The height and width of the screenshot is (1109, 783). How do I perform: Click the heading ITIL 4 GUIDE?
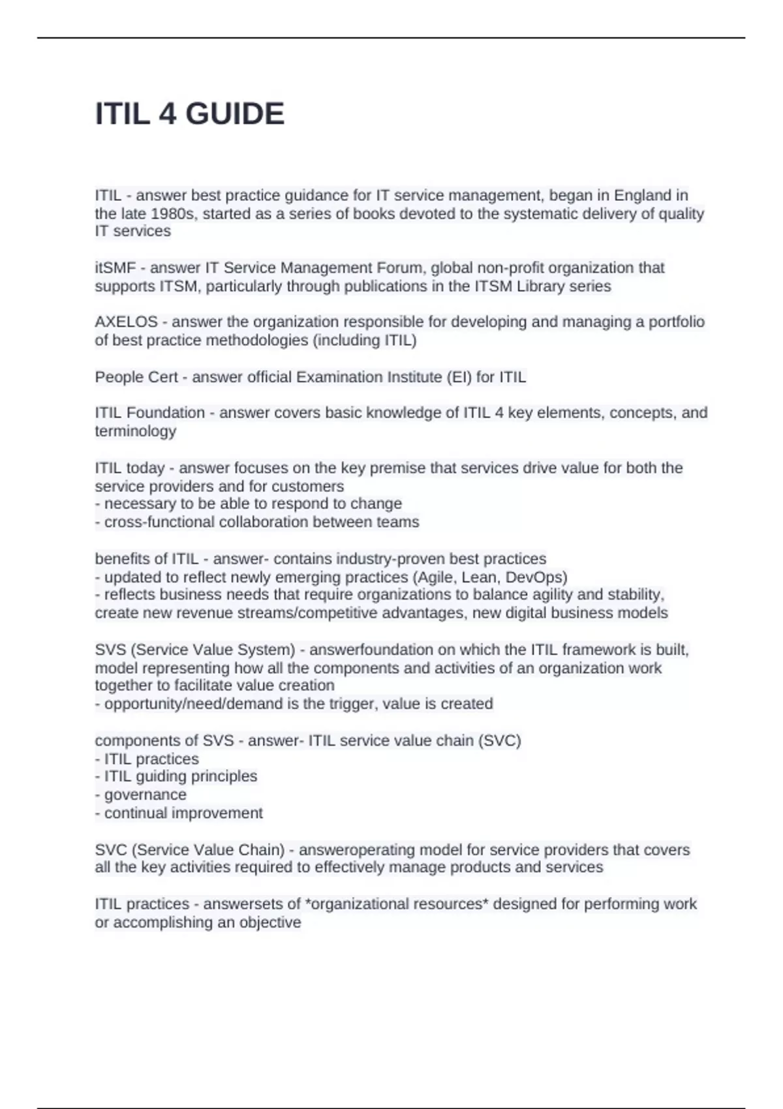[189, 114]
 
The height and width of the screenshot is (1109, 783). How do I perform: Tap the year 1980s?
[174, 214]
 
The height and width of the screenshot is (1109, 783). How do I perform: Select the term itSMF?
[115, 268]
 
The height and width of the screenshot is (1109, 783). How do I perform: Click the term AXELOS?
[126, 322]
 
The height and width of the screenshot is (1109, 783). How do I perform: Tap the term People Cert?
[136, 377]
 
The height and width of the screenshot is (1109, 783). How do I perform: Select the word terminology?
[135, 431]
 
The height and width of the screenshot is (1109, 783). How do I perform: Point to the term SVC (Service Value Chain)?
[190, 850]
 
